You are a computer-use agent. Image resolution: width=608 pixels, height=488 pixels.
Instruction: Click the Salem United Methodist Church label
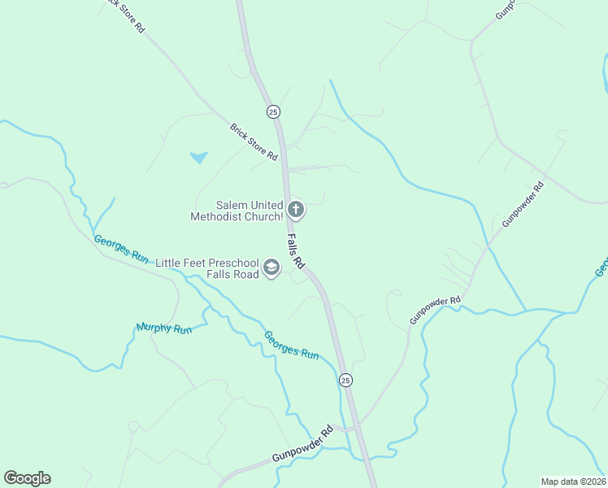[x=237, y=211]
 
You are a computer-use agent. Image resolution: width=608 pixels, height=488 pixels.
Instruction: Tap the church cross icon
[x=296, y=211]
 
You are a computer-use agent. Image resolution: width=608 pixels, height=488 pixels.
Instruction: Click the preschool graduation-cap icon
[x=271, y=268]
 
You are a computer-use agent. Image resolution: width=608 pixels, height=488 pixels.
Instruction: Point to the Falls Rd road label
[x=296, y=251]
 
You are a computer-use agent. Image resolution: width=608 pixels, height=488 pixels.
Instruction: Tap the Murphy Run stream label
[x=164, y=329]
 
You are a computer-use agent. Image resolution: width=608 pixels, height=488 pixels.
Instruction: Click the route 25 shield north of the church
[x=273, y=111]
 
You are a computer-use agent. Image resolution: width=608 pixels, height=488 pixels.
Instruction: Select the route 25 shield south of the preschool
[x=345, y=380]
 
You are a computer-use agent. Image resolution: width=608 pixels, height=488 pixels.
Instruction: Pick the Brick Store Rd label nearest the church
[x=254, y=141]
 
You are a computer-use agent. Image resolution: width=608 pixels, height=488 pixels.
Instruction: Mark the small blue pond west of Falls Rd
[x=198, y=157]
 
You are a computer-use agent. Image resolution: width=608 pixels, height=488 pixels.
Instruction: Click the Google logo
[x=27, y=478]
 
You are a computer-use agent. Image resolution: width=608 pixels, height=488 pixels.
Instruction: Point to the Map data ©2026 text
[x=573, y=481]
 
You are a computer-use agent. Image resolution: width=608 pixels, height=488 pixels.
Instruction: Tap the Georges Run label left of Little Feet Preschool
[x=121, y=249]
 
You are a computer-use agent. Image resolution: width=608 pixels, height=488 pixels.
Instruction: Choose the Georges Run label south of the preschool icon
[x=290, y=345]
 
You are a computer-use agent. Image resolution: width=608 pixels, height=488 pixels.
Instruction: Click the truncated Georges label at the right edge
[x=601, y=268]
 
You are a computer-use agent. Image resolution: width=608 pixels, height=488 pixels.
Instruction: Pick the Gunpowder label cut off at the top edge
[x=506, y=10]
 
